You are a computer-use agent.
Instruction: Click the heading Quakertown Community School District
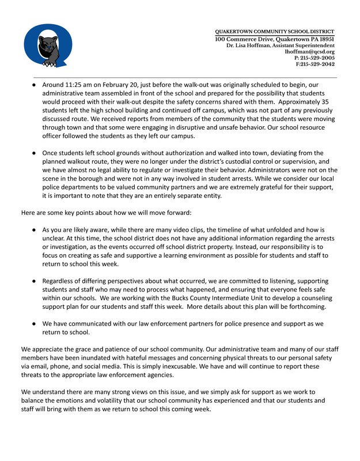click(x=275, y=31)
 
